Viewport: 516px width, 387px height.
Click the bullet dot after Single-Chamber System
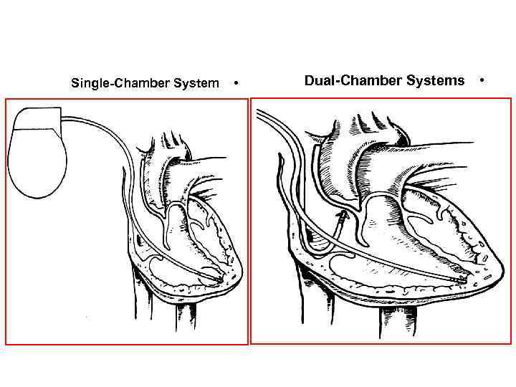[x=236, y=84]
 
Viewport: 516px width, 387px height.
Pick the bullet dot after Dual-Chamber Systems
[x=482, y=80]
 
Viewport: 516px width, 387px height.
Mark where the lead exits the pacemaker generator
[x=63, y=119]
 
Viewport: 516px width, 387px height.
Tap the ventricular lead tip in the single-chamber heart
[x=215, y=274]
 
